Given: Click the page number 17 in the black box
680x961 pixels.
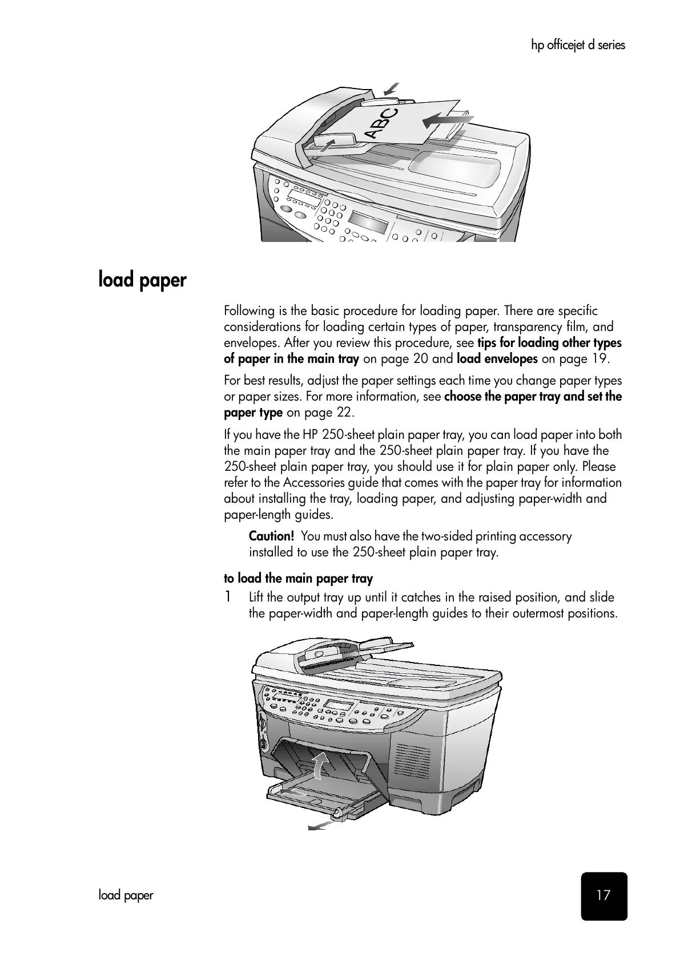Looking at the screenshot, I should coord(603,895).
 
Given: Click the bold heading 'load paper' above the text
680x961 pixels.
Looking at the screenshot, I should coord(142,280).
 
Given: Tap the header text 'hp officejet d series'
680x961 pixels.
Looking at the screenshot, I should coord(578,45).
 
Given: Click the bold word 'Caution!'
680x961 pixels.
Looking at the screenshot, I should coord(272,536).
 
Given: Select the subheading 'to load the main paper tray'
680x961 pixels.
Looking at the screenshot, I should coord(298,579).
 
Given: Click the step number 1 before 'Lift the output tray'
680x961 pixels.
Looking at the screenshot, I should coord(228,597).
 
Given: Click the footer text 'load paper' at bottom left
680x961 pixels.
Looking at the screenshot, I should coord(126,895).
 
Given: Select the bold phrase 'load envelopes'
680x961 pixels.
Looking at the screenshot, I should coord(497,359).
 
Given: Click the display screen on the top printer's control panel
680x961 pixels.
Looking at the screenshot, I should coord(368,219).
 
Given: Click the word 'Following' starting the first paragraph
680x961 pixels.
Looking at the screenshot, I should coord(250,311).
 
